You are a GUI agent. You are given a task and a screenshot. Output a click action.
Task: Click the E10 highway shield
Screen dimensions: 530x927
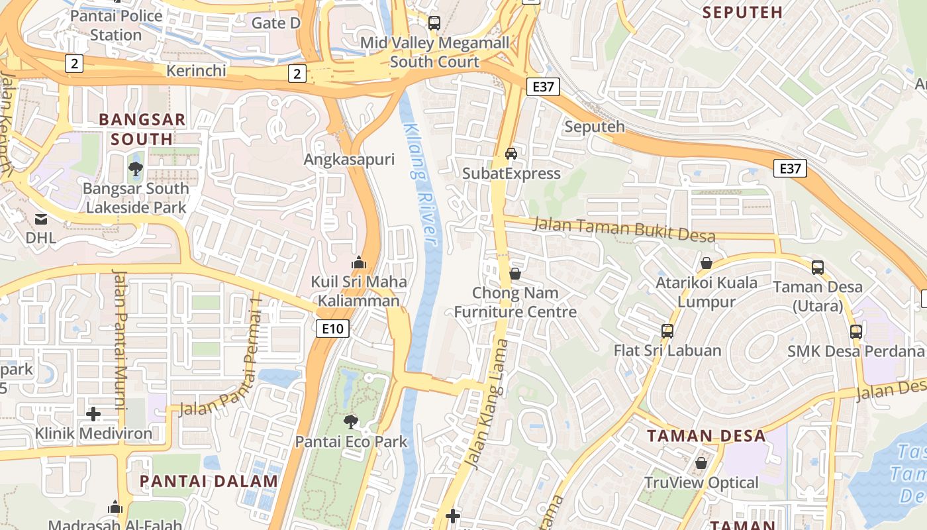pyautogui.click(x=332, y=328)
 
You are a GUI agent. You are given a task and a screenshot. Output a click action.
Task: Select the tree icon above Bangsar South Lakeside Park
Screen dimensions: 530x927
pyautogui.click(x=136, y=168)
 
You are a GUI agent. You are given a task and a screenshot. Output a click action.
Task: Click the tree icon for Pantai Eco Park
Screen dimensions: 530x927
pyautogui.click(x=351, y=421)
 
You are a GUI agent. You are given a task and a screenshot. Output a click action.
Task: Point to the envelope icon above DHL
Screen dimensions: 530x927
pyautogui.click(x=41, y=219)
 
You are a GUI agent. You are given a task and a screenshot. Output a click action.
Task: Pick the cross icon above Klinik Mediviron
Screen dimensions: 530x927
pyautogui.click(x=93, y=414)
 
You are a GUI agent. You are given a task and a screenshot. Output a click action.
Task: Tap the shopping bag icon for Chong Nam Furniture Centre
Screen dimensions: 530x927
pyautogui.click(x=515, y=273)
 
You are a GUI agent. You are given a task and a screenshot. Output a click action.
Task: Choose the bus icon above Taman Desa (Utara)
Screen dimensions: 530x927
pyautogui.click(x=818, y=267)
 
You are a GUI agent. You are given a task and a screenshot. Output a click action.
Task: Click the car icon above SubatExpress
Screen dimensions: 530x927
pyautogui.click(x=511, y=154)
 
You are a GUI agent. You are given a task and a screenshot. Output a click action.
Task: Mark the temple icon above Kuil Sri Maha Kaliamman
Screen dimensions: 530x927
pyautogui.click(x=359, y=262)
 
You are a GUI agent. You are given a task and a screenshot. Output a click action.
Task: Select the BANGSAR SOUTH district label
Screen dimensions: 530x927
pyautogui.click(x=142, y=129)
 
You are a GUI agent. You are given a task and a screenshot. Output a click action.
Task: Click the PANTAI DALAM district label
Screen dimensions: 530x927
pyautogui.click(x=209, y=482)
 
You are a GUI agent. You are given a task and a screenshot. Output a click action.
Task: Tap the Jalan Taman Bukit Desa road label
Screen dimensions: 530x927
pyautogui.click(x=624, y=229)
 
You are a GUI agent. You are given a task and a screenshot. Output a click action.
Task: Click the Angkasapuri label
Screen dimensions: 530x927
pyautogui.click(x=349, y=160)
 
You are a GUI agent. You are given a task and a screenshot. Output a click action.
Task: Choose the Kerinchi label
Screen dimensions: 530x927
pyautogui.click(x=197, y=70)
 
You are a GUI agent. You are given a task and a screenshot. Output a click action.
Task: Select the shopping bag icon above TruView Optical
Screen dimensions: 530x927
pyautogui.click(x=701, y=462)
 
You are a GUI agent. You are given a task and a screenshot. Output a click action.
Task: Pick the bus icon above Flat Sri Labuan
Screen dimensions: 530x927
pyautogui.click(x=667, y=331)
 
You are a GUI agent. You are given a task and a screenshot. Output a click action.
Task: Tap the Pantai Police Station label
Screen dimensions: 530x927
pyautogui.click(x=116, y=25)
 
